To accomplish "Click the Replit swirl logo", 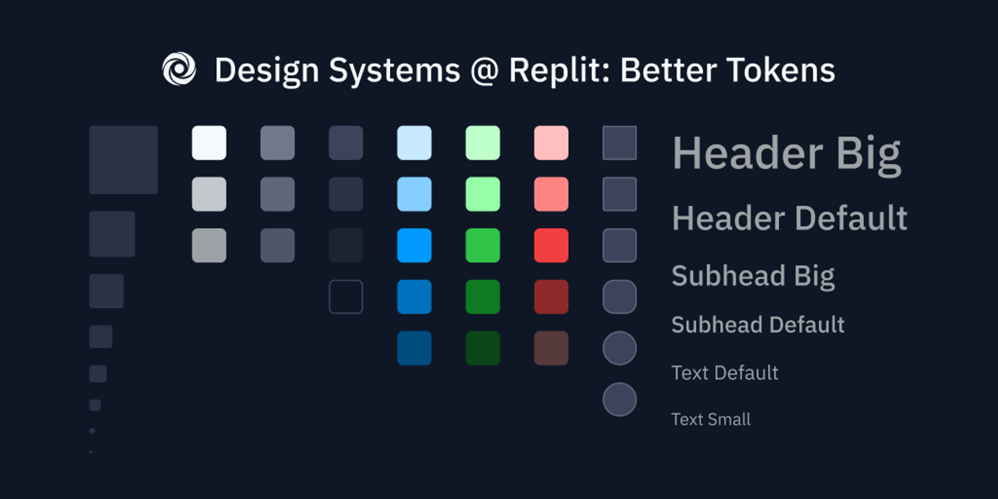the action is [179, 69].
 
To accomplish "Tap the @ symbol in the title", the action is [484, 71].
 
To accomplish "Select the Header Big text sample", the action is [786, 154].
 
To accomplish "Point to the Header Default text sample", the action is [790, 218].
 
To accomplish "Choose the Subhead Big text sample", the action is [753, 276].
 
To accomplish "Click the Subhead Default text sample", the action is [758, 325].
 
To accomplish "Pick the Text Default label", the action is [725, 373].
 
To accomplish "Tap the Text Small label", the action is [711, 419].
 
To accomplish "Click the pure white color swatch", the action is [209, 142].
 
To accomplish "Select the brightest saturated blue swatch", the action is [414, 245].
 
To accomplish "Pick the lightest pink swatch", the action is [551, 142].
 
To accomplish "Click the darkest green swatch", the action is [483, 348].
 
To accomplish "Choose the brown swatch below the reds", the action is [551, 348].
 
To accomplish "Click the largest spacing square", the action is [123, 160].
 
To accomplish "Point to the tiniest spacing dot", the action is [91, 452].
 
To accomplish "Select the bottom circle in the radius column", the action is [620, 399].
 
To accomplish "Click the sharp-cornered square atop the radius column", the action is [620, 142].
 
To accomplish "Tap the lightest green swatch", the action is [483, 142].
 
